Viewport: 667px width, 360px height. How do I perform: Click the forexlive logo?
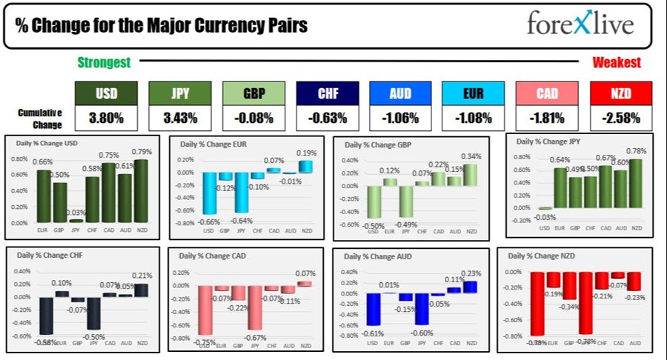pos(580,24)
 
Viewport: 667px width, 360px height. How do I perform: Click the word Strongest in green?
pos(104,63)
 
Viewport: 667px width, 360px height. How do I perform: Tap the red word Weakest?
pos(616,63)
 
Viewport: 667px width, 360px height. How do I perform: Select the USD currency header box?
pos(105,93)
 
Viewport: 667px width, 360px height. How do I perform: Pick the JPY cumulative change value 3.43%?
pos(178,119)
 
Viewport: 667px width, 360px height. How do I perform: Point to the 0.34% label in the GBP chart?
pos(469,156)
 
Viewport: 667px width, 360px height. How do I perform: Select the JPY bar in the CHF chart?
pos(93,313)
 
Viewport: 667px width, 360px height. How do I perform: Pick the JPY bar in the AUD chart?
pos(422,309)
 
